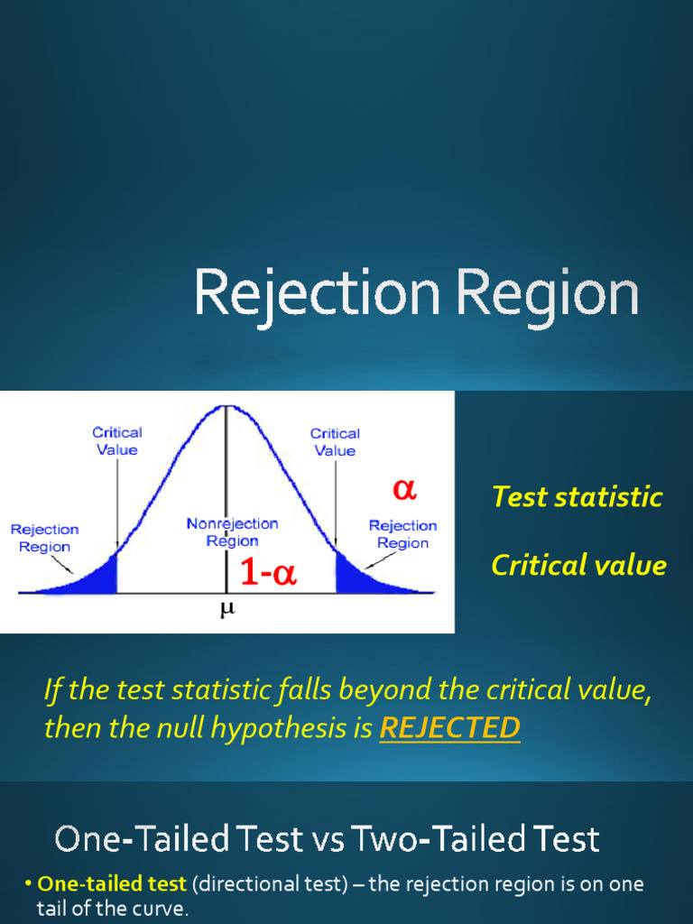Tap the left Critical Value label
(117, 441)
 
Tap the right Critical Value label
(335, 442)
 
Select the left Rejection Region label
(45, 538)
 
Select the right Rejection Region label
(402, 534)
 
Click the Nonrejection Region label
(232, 532)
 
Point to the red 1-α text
(268, 573)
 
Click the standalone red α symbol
(403, 489)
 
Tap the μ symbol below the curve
(226, 609)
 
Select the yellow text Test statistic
(577, 497)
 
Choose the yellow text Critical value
(578, 566)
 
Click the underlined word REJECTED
(449, 728)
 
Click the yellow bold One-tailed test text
(112, 884)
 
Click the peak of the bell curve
(226, 407)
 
